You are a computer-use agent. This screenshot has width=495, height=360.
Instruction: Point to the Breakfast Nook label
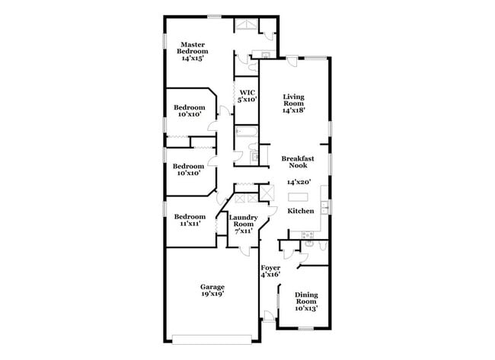(x=299, y=162)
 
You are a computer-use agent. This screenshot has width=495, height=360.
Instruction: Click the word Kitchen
(x=301, y=211)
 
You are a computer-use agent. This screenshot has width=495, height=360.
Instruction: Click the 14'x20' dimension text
(x=299, y=183)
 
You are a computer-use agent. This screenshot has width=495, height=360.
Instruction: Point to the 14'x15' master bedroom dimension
(x=193, y=58)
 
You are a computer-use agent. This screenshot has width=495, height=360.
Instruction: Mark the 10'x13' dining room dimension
(x=306, y=308)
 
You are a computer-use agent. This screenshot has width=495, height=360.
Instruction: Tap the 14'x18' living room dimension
(x=295, y=111)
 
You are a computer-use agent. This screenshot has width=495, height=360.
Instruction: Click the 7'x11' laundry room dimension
(x=242, y=231)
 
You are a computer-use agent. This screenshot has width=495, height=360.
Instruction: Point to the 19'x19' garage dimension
(x=212, y=295)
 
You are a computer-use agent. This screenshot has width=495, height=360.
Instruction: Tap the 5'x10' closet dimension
(x=247, y=99)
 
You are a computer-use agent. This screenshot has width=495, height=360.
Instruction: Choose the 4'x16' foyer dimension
(x=270, y=275)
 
